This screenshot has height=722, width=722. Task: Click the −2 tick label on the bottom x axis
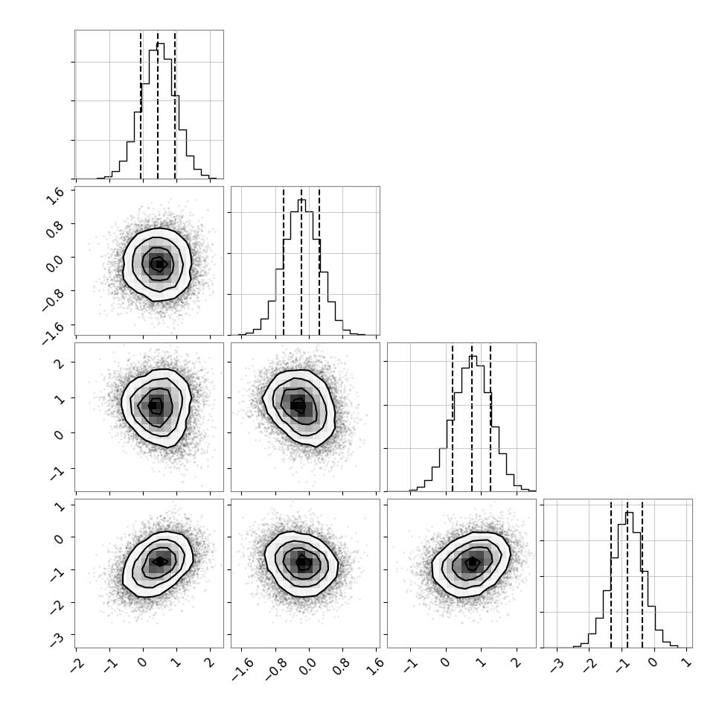pyautogui.click(x=77, y=666)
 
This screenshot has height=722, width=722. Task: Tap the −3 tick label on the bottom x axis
pyautogui.click(x=558, y=666)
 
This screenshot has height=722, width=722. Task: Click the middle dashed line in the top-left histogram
pyautogui.click(x=158, y=105)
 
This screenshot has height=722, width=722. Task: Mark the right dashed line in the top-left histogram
pyautogui.click(x=175, y=105)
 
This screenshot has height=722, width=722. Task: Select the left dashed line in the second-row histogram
pyautogui.click(x=284, y=261)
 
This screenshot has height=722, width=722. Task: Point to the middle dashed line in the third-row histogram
pyautogui.click(x=472, y=418)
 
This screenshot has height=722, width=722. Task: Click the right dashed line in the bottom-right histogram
pyautogui.click(x=642, y=574)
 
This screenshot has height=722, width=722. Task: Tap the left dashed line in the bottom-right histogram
pyautogui.click(x=611, y=574)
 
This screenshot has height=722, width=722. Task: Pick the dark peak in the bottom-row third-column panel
pyautogui.click(x=473, y=562)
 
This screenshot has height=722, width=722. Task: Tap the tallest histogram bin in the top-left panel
pyautogui.click(x=161, y=111)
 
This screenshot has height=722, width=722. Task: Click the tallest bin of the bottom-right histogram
pyautogui.click(x=630, y=580)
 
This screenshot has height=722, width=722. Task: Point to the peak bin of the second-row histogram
pyautogui.click(x=302, y=267)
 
